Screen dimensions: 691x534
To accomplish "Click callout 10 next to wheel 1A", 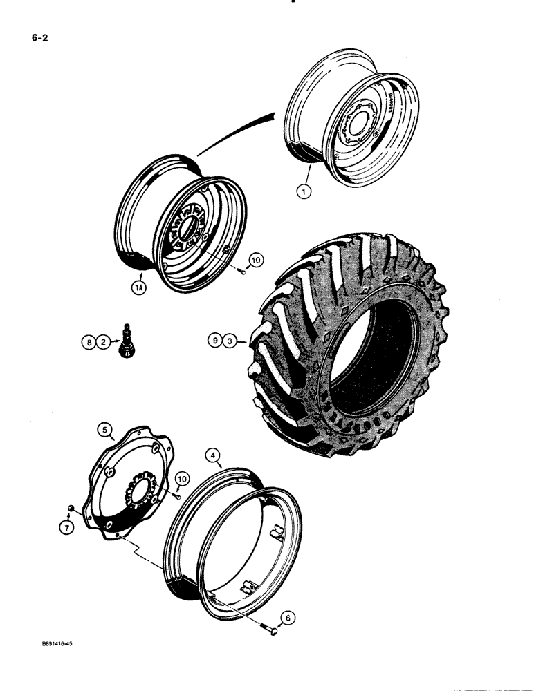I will coord(256,261).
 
